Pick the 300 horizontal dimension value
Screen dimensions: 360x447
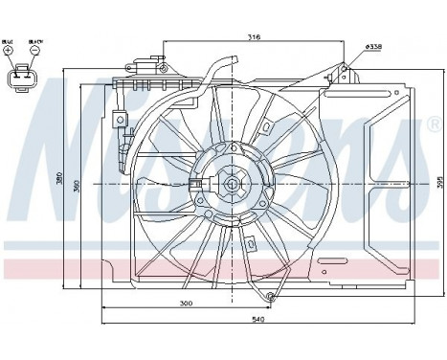(x=187, y=303)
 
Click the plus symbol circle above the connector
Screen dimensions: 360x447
(x=9, y=50)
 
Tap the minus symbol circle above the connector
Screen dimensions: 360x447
(x=33, y=50)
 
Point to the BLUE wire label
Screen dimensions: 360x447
(x=9, y=41)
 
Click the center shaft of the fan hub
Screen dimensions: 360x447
(x=232, y=181)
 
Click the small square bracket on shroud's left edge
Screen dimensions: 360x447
(x=123, y=119)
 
